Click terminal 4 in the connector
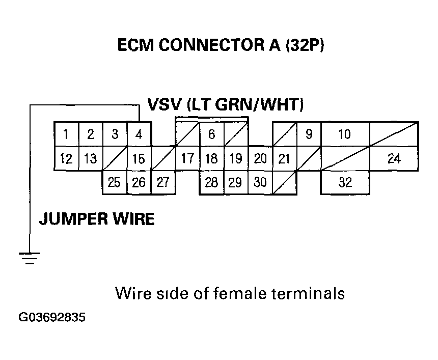[x=139, y=135]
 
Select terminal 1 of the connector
[x=66, y=135]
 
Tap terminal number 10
[x=345, y=135]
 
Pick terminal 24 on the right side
[x=394, y=158]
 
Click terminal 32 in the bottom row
[x=345, y=182]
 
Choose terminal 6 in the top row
[x=211, y=135]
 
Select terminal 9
[x=309, y=135]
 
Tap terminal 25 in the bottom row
[x=115, y=182]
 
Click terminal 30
[x=260, y=182]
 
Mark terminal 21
[x=284, y=158]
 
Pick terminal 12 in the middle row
[x=66, y=158]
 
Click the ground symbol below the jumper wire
[x=30, y=258]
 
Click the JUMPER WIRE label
[x=97, y=219]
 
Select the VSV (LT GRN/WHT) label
[x=226, y=105]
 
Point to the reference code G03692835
[x=52, y=318]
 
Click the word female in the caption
[x=222, y=294]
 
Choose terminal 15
[x=139, y=158]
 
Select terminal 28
[x=211, y=182]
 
